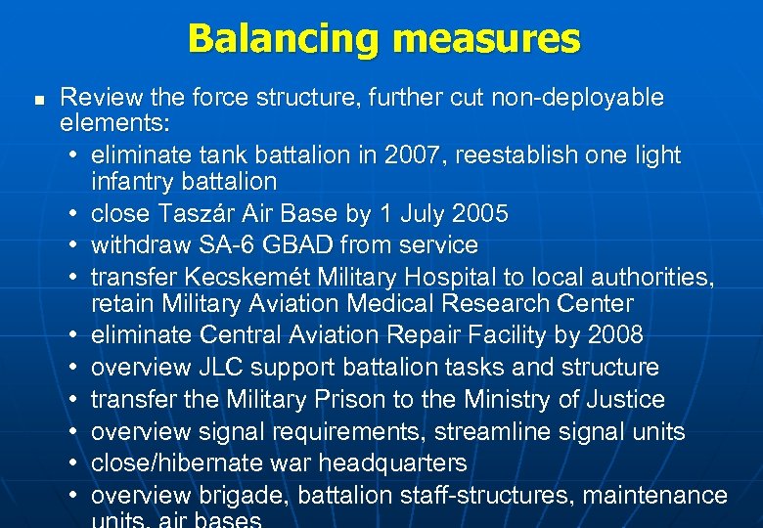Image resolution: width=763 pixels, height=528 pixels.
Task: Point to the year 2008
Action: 614,335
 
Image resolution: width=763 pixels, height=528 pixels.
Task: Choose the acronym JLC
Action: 233,368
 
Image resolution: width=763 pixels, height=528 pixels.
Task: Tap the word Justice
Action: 618,400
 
